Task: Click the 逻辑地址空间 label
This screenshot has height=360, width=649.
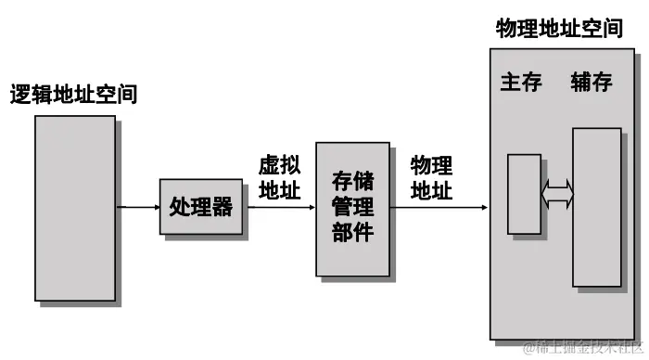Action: (73, 94)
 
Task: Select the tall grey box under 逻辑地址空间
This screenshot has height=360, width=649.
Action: (76, 209)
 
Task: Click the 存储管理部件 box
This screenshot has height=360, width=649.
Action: (352, 209)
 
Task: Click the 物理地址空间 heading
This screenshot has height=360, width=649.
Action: (559, 28)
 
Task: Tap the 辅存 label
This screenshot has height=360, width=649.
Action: (592, 84)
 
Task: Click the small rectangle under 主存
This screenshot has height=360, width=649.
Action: (524, 194)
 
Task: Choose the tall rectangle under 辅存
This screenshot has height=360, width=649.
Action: (596, 207)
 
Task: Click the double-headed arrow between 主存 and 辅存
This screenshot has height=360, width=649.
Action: (558, 194)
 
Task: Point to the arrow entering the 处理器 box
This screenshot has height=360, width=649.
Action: (139, 207)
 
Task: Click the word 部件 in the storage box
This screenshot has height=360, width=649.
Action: (352, 232)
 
